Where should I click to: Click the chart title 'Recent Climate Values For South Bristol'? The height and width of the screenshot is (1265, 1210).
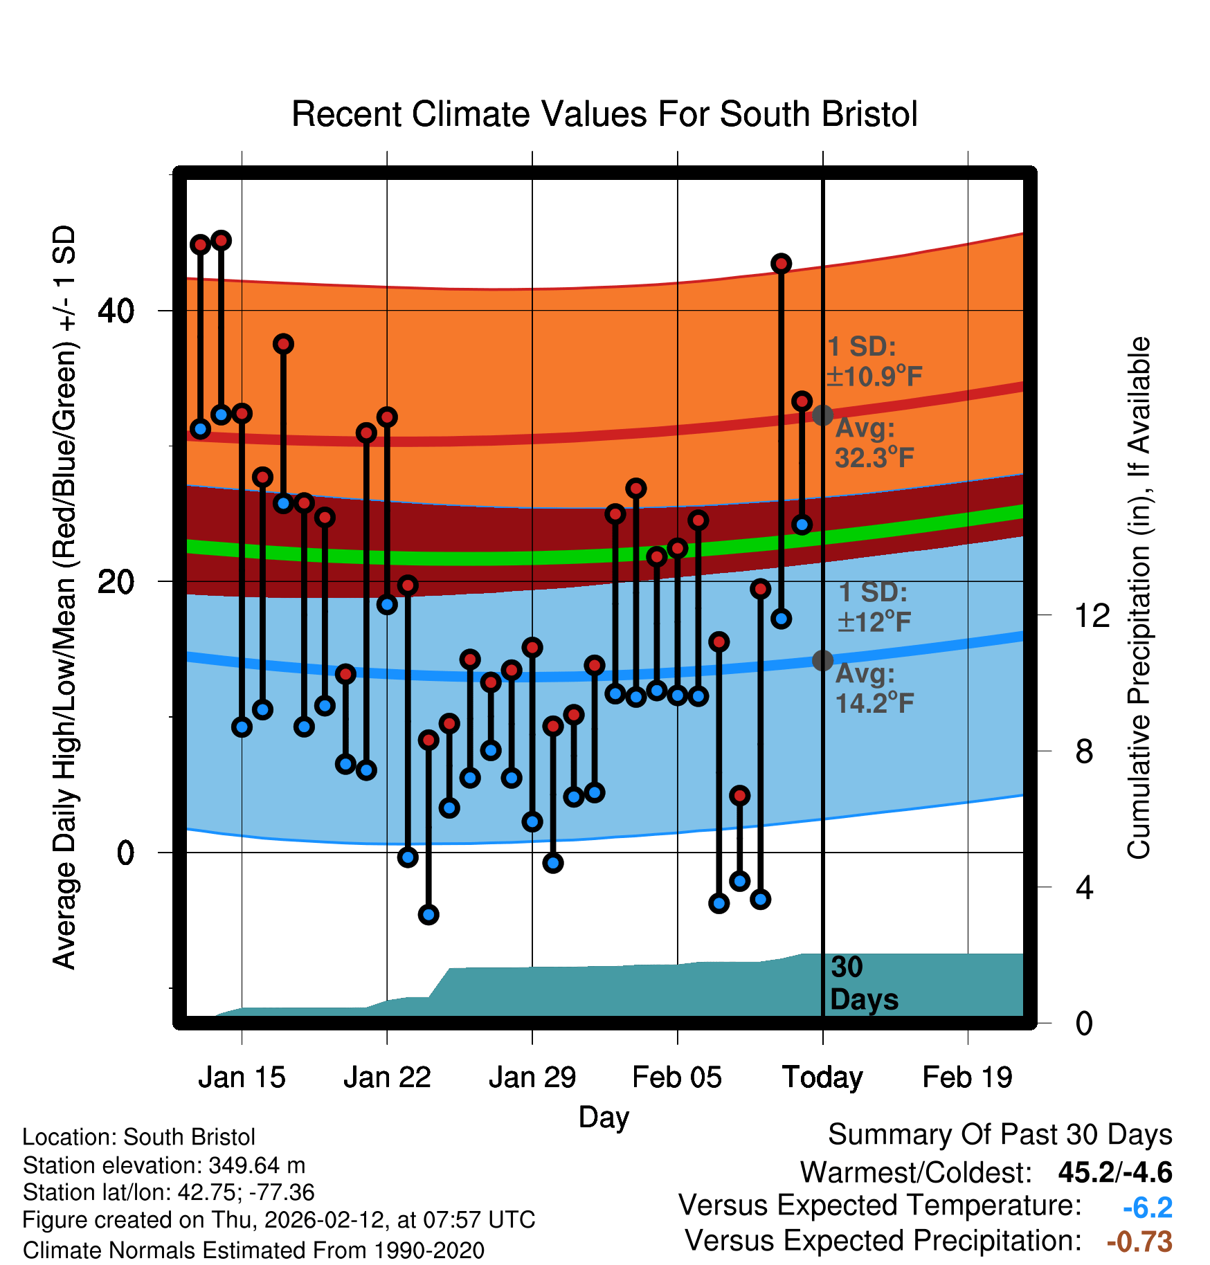pos(604,115)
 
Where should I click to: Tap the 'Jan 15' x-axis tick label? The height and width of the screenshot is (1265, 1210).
pos(242,1077)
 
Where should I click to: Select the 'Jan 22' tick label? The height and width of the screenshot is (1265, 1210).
pos(387,1077)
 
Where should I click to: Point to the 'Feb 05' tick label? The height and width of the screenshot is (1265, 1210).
pos(677,1077)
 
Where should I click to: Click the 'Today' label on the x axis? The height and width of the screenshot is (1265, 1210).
pos(822,1077)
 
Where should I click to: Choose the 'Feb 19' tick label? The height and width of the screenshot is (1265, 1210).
pos(967,1077)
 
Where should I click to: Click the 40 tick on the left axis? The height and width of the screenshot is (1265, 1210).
pos(116,311)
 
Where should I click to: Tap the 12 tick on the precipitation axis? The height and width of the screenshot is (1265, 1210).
pos(1092,615)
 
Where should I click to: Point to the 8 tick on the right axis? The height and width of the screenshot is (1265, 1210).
pos(1084,751)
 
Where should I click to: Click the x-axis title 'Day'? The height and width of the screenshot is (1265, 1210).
pos(604,1117)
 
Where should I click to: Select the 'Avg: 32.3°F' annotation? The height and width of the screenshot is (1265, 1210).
pos(874,443)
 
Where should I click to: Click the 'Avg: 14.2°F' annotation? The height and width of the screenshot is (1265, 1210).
pos(874,689)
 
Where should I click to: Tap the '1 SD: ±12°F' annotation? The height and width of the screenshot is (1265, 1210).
pos(874,607)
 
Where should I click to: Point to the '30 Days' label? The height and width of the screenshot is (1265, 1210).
pos(863,983)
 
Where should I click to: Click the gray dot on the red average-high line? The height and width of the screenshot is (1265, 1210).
pos(822,415)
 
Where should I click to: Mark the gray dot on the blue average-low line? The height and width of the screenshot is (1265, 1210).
pos(822,661)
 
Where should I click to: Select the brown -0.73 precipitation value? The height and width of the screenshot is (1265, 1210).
pos(1139,1241)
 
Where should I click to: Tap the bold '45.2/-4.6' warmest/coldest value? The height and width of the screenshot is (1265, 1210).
pos(1114,1172)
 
